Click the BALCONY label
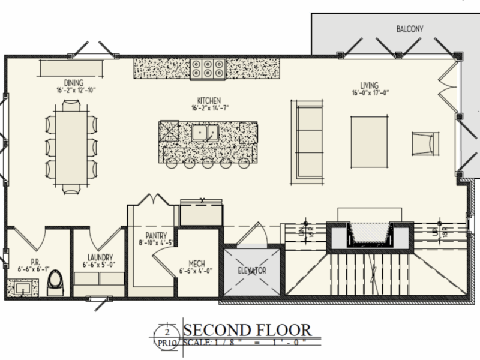410,29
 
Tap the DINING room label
74,83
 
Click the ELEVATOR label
252,271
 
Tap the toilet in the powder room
55,282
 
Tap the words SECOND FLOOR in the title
247,330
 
